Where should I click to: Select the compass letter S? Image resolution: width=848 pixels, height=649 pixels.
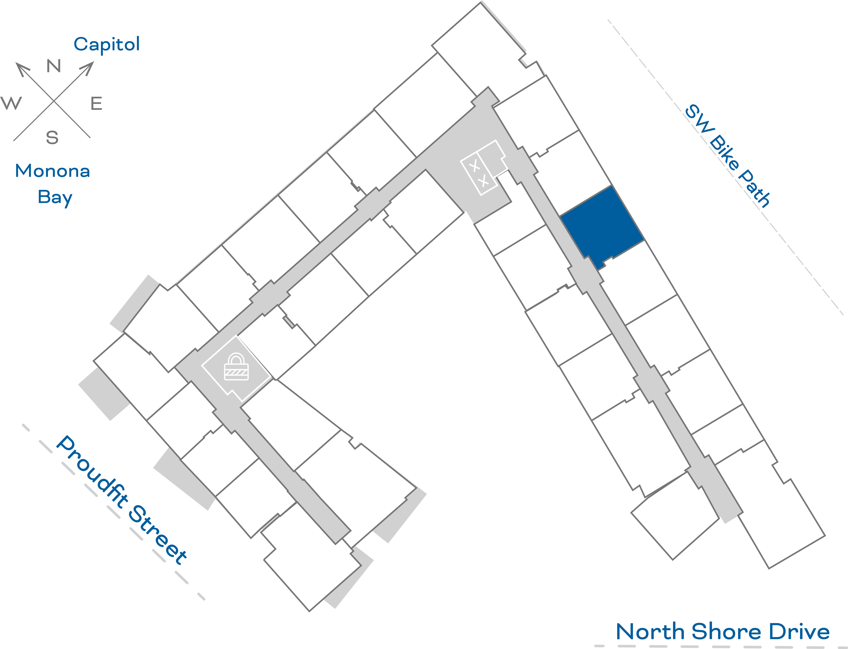point(52,138)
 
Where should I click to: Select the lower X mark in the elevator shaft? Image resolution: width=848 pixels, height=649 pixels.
point(483,181)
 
